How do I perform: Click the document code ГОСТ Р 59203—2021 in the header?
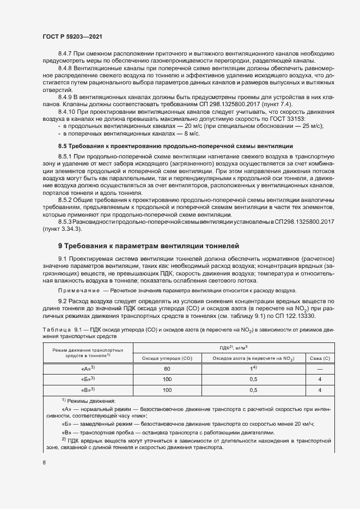coord(72,36)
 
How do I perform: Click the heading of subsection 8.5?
coord(175,146)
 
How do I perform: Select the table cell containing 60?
coord(167,369)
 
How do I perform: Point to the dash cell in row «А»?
coord(319,369)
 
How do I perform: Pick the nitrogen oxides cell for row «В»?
coord(253,390)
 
